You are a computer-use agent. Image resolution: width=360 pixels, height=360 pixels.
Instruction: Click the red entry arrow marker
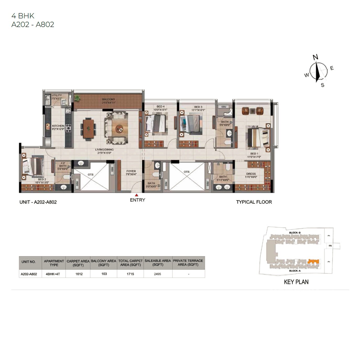click(x=137, y=195)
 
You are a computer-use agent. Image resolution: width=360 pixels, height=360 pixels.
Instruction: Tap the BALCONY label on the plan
click(x=109, y=99)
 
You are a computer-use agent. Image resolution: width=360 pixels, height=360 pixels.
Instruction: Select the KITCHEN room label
click(x=58, y=126)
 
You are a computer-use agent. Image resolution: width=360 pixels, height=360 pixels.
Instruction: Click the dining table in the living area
click(x=88, y=128)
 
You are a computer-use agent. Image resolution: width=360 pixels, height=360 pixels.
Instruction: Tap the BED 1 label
click(x=254, y=154)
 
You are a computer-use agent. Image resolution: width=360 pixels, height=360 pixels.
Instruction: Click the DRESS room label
click(x=251, y=174)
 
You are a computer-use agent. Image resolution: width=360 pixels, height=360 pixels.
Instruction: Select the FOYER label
click(x=131, y=171)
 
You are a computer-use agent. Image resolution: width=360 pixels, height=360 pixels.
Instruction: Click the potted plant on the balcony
click(x=77, y=98)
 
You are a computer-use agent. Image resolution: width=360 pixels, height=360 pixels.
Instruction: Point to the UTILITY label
click(x=57, y=95)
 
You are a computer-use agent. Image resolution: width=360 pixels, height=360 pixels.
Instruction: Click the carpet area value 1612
click(x=79, y=274)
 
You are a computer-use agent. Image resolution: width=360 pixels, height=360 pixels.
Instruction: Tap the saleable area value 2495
click(x=158, y=274)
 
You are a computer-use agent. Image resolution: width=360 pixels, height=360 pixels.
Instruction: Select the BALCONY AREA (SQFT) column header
click(x=104, y=263)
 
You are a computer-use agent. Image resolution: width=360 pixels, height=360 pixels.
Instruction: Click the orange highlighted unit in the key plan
click(x=313, y=261)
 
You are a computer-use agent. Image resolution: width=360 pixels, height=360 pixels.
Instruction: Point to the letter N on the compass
click(x=315, y=57)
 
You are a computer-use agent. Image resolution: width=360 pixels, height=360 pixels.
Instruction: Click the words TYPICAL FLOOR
click(x=254, y=202)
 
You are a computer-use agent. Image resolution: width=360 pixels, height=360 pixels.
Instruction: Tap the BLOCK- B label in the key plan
click(x=295, y=233)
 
